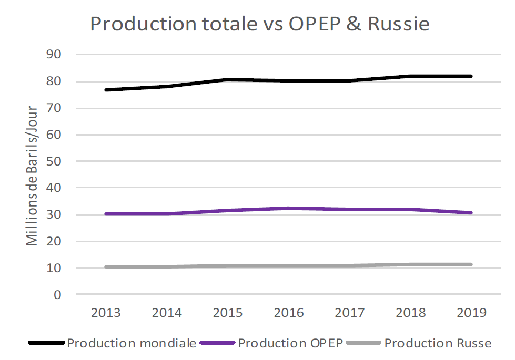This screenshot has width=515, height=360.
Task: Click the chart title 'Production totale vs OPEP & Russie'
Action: coord(259,24)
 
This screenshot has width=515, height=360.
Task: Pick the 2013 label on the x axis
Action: coord(106,313)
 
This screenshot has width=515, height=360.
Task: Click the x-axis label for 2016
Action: coord(289,313)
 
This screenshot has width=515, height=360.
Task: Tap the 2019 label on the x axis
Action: coord(472,313)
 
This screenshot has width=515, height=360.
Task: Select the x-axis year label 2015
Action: coord(228,313)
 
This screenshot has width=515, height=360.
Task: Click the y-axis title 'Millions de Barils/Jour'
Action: coord(33,176)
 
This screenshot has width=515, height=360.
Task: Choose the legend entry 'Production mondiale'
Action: coord(132,344)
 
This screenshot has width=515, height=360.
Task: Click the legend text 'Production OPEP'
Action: coord(290,344)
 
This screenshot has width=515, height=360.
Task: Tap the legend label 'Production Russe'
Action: coord(438,344)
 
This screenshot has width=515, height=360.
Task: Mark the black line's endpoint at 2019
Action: coord(471,76)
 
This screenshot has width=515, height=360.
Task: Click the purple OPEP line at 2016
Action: coord(289,209)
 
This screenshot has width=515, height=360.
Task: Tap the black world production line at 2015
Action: coord(228,80)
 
